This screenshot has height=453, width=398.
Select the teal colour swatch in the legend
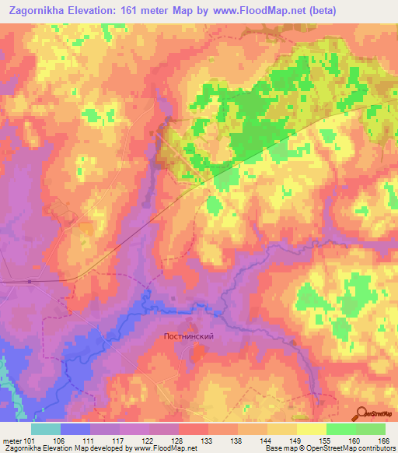pyautogui.click(x=46, y=429)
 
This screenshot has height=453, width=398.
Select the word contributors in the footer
pyautogui.click(x=372, y=448)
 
